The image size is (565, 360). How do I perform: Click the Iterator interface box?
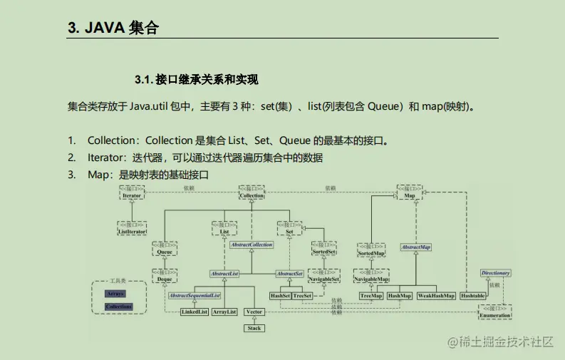point(132,192)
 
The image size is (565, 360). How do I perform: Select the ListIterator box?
point(132,228)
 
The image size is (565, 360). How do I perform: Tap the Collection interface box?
point(252,192)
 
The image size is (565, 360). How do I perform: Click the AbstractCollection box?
point(252,245)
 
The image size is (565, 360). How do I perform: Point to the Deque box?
point(164,277)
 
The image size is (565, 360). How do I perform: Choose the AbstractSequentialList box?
point(195,295)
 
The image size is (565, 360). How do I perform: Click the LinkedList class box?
point(194,312)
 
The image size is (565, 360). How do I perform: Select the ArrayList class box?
point(224,312)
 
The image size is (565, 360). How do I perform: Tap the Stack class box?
point(254,328)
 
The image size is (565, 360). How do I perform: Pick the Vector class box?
point(254,312)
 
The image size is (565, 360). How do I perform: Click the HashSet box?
point(279,295)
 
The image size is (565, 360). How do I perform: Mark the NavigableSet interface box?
point(325,277)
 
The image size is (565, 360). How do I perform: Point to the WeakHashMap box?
point(436,295)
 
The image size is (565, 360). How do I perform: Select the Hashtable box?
point(472,295)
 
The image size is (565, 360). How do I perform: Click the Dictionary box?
point(495,273)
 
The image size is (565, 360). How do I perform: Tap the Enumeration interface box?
point(495,312)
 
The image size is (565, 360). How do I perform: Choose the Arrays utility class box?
point(115,293)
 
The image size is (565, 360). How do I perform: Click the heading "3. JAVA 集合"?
point(113,29)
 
